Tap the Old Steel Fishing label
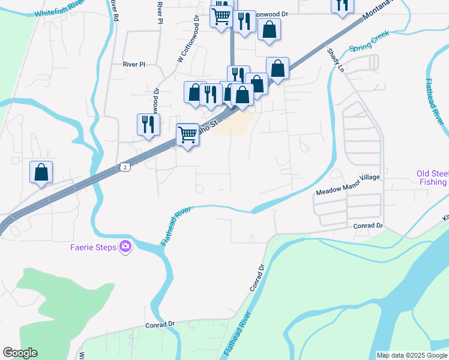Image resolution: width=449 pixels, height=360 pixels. (x=432, y=178)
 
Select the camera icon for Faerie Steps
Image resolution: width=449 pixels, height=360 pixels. (x=125, y=246)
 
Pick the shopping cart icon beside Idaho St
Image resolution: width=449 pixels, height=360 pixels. (x=188, y=134)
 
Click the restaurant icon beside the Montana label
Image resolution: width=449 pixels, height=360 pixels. (x=342, y=5)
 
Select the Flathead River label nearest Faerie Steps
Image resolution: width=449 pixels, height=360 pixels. (x=176, y=226)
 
